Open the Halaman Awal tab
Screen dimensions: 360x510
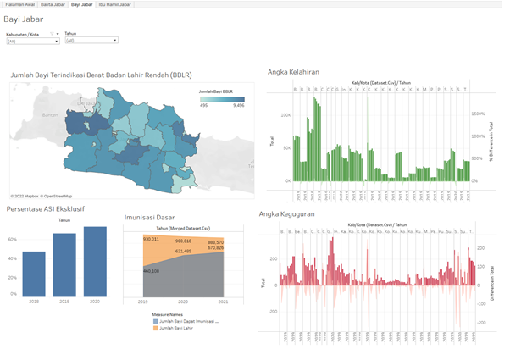click(x=19, y=4)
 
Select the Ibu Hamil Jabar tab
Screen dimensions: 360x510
click(x=114, y=4)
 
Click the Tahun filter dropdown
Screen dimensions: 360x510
click(x=91, y=40)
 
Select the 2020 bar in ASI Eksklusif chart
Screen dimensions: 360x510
click(x=95, y=261)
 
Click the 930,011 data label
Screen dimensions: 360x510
click(x=152, y=239)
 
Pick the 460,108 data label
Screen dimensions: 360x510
click(x=152, y=271)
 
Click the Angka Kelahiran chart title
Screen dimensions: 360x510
click(x=293, y=72)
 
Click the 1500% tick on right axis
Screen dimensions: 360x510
click(x=478, y=113)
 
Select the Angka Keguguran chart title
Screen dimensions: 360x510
click(x=287, y=214)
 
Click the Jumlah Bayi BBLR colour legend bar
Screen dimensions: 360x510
click(x=220, y=99)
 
